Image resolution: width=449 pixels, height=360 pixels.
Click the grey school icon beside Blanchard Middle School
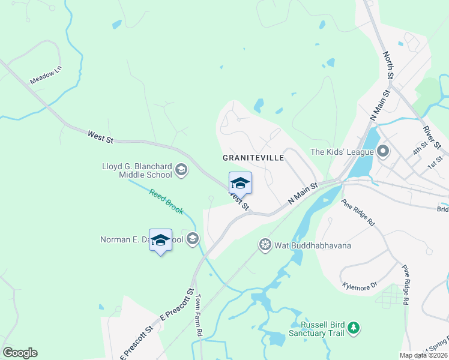(181, 171)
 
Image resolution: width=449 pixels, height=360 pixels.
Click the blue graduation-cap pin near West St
(240, 183)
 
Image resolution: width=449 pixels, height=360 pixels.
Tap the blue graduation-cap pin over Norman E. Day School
(160, 241)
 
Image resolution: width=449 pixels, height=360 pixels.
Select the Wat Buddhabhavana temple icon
(265, 245)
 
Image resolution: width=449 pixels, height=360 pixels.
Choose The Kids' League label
(342, 152)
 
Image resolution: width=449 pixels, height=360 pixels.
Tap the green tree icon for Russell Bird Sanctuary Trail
(355, 328)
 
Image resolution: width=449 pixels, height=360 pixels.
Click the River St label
(432, 137)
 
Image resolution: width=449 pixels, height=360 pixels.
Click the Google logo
(20, 353)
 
